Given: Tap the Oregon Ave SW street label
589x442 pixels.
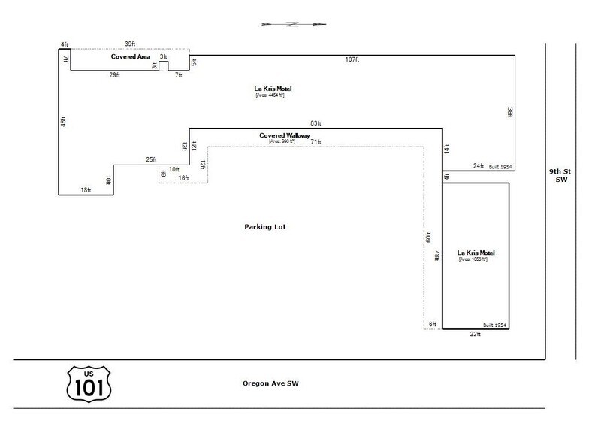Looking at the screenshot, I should tap(270, 383).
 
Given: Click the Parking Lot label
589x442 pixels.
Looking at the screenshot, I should tap(265, 226).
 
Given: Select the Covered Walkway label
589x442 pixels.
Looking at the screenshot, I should tap(279, 135).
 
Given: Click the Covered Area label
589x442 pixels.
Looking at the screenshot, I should tap(131, 57).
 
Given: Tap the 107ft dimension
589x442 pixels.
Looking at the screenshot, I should tap(352, 59).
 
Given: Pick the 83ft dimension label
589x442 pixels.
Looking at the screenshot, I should tap(316, 123).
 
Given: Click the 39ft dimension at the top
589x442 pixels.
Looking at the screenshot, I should tap(130, 44).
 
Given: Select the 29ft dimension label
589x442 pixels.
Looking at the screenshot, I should tap(114, 75).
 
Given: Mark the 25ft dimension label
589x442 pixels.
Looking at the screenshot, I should tap(151, 159).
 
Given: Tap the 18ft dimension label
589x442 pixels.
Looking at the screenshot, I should tap(86, 190).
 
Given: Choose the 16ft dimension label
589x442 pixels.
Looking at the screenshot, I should tap(183, 178).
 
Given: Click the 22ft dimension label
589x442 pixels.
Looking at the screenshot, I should tap(475, 335).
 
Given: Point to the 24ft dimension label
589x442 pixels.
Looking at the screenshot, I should tap(479, 165).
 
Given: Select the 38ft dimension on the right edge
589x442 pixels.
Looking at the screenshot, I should tap(509, 112).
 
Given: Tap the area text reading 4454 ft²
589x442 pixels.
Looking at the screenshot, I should tap(270, 95).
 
